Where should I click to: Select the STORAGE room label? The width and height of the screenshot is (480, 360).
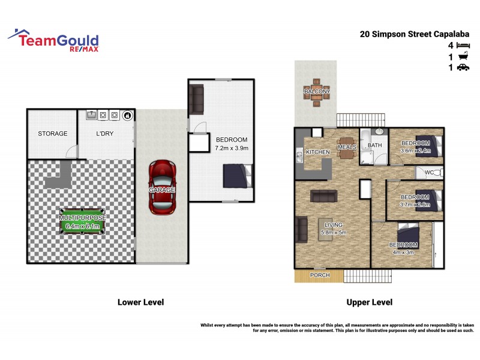coord(53,134)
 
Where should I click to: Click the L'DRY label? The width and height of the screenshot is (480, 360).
coord(105,134)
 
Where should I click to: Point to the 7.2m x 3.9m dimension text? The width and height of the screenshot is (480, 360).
coord(232,148)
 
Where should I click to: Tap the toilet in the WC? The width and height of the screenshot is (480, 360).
coord(438,173)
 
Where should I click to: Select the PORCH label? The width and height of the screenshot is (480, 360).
coord(319,275)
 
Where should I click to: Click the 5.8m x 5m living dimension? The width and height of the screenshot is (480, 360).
coord(334,232)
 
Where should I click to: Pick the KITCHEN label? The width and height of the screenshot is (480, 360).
coord(318,152)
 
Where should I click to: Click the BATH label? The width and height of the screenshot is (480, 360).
coord(375,145)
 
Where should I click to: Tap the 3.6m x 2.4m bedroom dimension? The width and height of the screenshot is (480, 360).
coord(415,151)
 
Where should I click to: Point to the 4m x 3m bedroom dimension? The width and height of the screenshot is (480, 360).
coord(403,253)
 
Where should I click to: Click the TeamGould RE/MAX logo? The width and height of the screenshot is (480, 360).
coord(54,40)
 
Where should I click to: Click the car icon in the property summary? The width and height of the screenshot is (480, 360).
coord(463,68)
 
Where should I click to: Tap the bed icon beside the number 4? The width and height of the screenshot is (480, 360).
coord(463,46)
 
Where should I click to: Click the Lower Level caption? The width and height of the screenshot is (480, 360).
coord(140,302)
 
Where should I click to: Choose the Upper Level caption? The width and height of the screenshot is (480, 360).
coord(370,302)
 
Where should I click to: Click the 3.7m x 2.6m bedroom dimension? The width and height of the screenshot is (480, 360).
coord(415,205)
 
